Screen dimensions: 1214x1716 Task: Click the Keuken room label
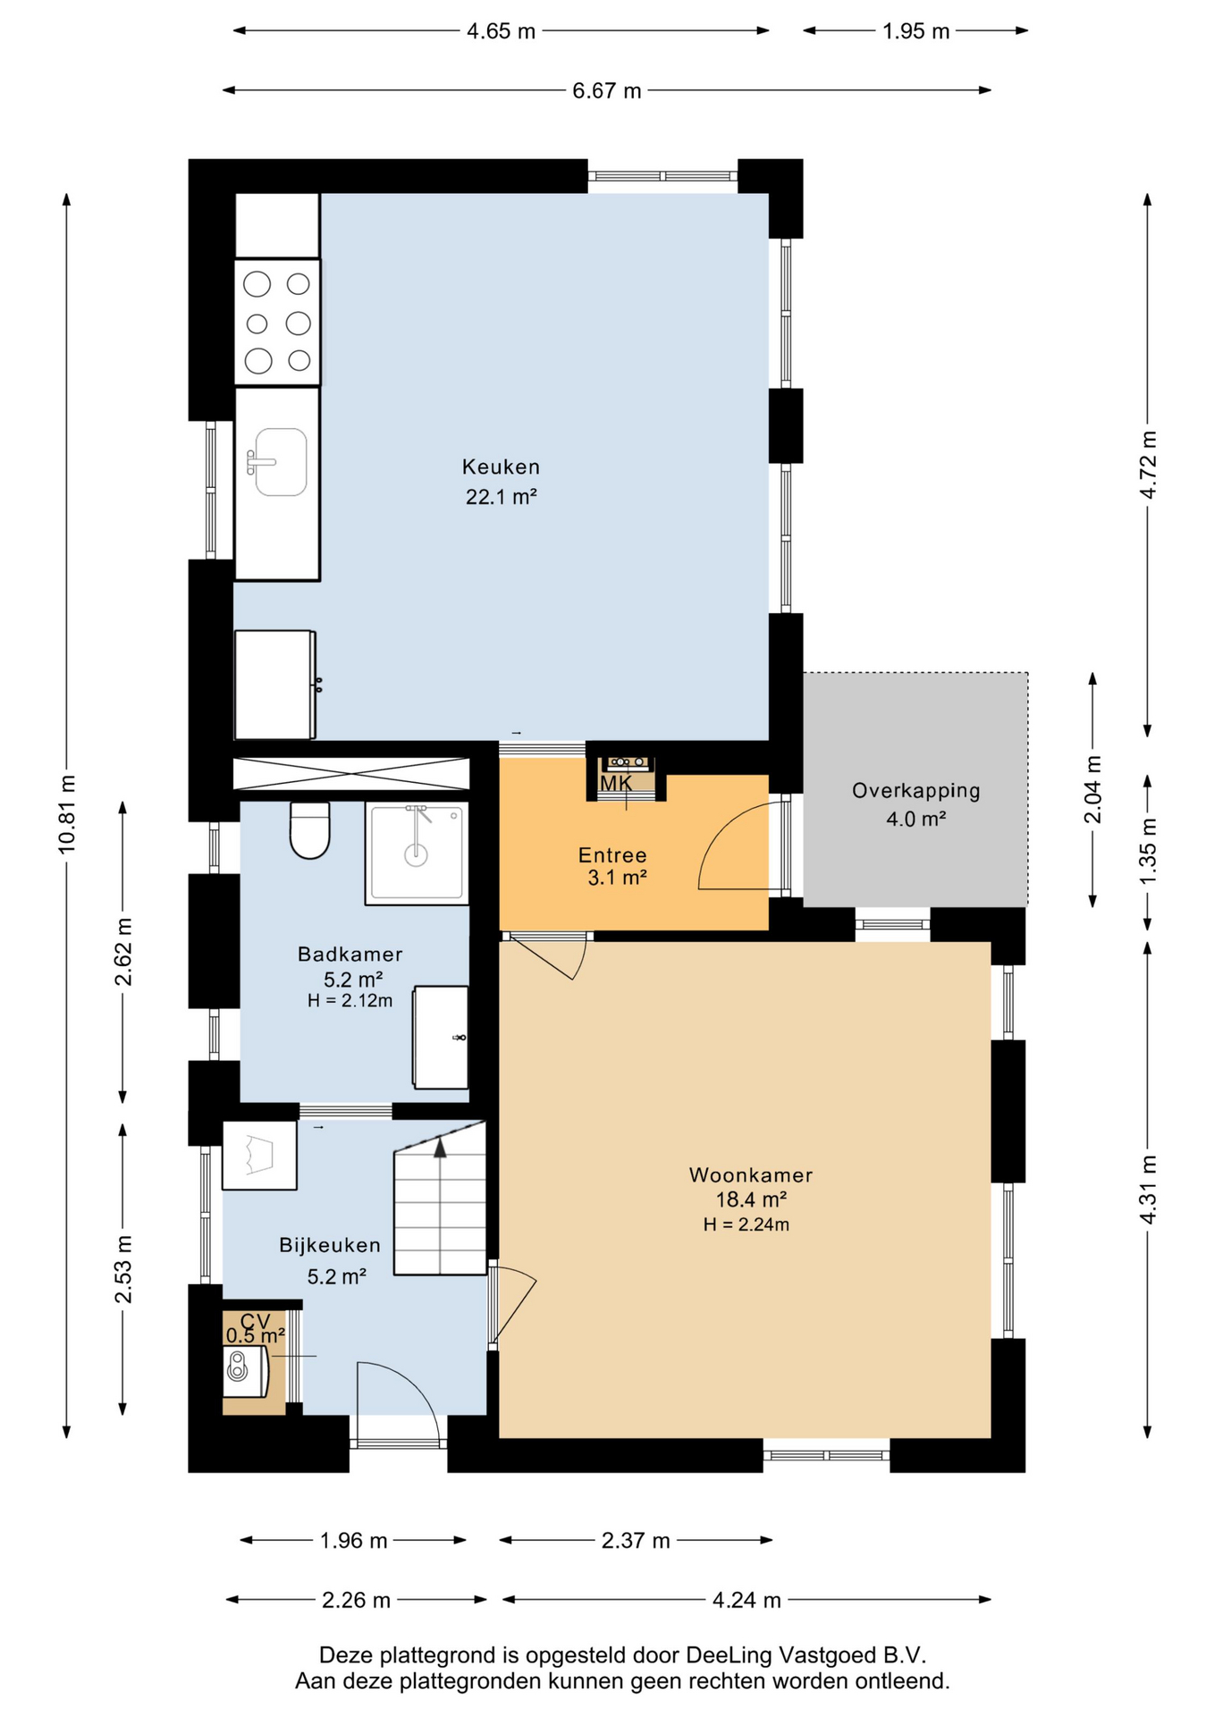(x=501, y=467)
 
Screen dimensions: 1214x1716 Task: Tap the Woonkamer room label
(x=751, y=1174)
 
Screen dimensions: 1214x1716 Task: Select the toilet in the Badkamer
(x=310, y=830)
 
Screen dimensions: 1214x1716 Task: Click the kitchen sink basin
(x=281, y=462)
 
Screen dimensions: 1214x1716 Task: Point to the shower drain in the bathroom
(x=417, y=855)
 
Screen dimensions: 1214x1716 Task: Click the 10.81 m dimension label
(x=67, y=814)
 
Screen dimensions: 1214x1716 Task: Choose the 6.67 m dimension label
(x=607, y=90)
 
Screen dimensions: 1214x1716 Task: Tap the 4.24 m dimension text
(x=746, y=1600)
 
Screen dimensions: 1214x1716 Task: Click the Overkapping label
(x=915, y=790)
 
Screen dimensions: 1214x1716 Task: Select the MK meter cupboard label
(x=616, y=784)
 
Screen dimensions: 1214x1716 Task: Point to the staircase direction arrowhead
(x=440, y=1148)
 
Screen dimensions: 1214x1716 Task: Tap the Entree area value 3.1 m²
(x=617, y=878)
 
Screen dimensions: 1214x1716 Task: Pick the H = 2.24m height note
(x=746, y=1224)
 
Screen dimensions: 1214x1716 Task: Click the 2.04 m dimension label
(x=1092, y=790)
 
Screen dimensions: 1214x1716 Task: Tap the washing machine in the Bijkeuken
(x=259, y=1155)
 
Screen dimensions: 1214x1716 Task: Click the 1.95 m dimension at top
(x=915, y=31)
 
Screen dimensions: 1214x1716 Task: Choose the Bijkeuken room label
(x=330, y=1245)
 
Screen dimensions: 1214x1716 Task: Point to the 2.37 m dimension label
(x=636, y=1541)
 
